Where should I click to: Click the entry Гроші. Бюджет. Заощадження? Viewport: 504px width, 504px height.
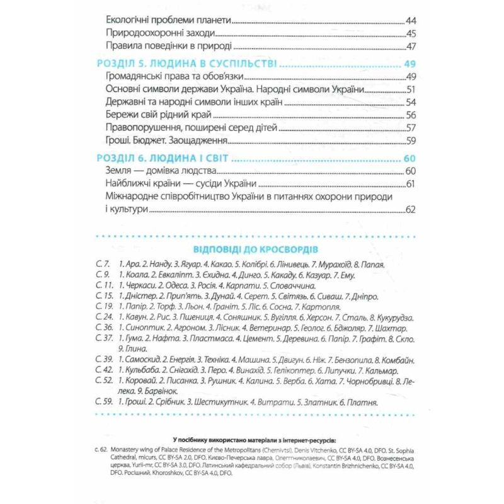164,140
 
